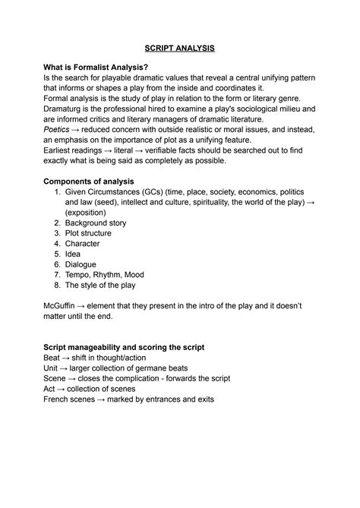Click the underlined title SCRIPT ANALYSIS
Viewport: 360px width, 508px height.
pos(180,48)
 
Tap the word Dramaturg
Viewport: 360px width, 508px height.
pos(66,109)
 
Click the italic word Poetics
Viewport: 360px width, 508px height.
pos(59,130)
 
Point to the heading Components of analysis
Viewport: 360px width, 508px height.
pos(89,181)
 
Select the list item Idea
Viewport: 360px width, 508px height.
pos(73,254)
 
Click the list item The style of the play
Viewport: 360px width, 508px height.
pos(100,286)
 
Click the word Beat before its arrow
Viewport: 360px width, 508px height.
pos(53,358)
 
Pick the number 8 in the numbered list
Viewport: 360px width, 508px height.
pos(57,286)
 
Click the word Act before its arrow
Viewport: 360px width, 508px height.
pos(51,388)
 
